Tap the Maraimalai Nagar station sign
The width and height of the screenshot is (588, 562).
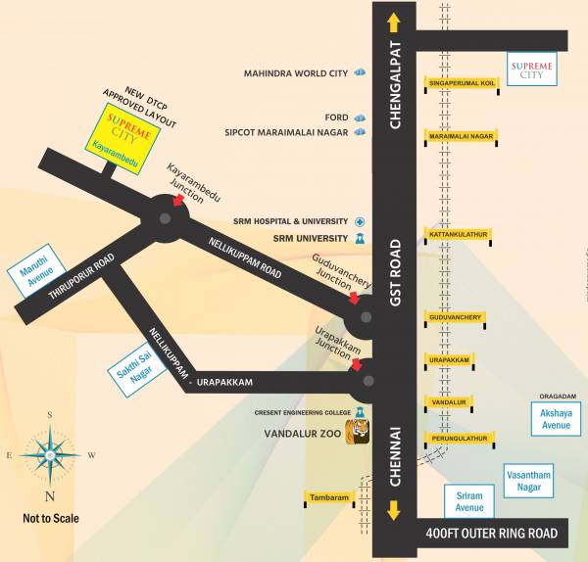461,136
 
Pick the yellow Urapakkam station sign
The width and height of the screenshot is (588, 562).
450,360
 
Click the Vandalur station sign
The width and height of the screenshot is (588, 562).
449,402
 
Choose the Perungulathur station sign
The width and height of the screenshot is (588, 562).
455,438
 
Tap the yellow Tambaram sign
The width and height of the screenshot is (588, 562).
329,498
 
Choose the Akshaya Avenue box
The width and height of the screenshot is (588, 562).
556,419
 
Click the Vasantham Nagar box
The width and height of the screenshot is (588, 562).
528,481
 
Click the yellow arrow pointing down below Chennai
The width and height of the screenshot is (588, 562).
394,510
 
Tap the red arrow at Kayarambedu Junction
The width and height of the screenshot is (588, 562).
178,200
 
